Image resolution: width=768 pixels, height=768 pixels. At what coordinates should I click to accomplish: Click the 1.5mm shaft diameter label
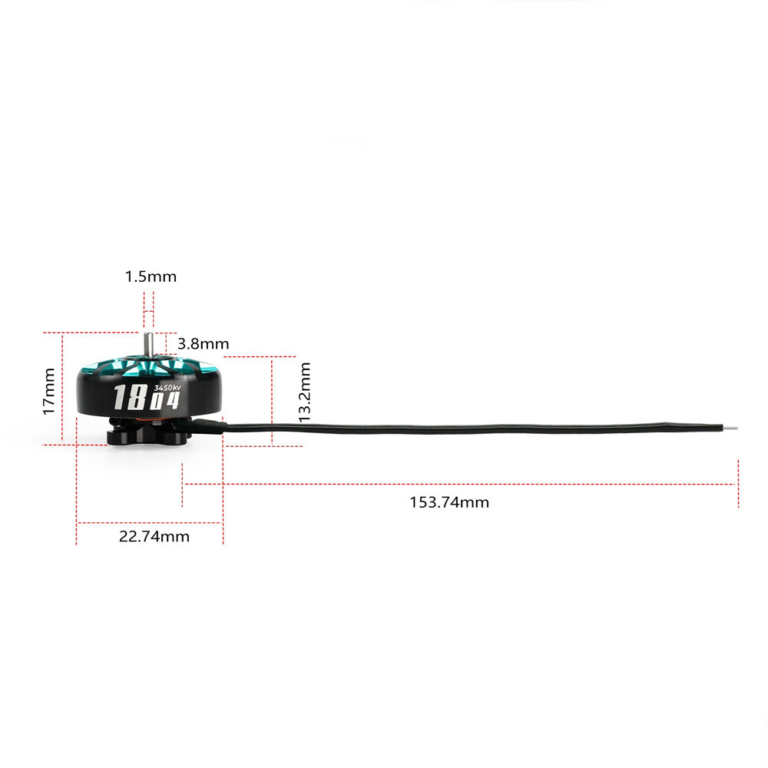point(151,276)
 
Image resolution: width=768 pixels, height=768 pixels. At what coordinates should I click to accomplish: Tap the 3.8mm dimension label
point(203,344)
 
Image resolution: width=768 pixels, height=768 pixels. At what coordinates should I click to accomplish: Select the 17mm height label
point(49,391)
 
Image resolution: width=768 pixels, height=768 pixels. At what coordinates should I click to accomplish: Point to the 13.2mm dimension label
point(305,392)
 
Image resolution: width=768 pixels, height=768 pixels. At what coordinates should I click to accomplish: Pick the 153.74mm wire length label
point(449,503)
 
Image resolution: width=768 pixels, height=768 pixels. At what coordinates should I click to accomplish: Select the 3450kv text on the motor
point(167,388)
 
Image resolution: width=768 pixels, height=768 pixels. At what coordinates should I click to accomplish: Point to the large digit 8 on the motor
point(137,398)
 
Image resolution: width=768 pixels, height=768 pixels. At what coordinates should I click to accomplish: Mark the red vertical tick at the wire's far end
point(738,484)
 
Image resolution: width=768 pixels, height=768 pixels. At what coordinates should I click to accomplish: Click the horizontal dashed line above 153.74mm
point(461,484)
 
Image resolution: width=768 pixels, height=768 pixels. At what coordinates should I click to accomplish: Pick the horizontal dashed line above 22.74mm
point(150,523)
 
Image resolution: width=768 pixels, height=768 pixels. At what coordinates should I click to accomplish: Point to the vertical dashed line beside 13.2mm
point(273,399)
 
